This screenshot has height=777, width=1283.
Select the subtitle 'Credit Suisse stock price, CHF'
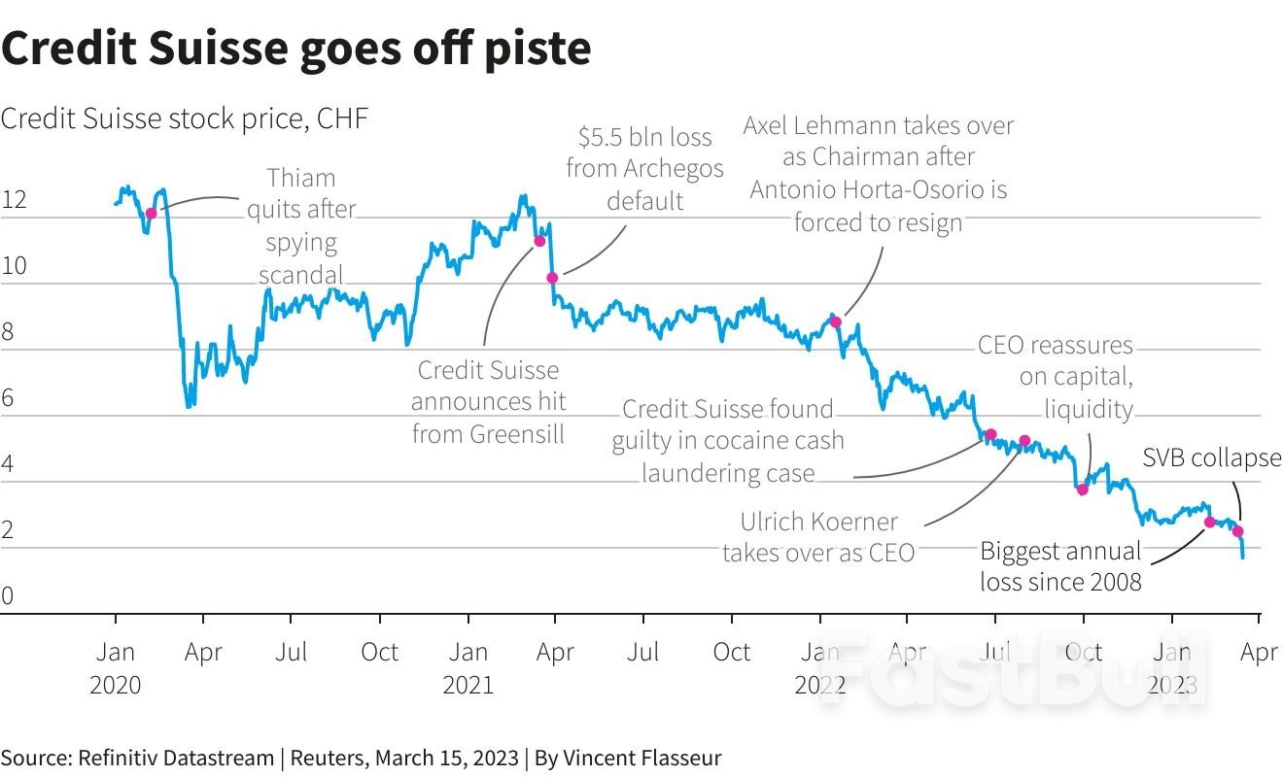(x=185, y=118)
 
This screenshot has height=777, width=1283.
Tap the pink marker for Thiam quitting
(x=151, y=213)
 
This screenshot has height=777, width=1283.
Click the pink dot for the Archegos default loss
(x=552, y=278)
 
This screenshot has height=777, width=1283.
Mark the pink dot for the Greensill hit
(x=539, y=241)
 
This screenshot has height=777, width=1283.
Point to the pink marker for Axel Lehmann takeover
(x=835, y=321)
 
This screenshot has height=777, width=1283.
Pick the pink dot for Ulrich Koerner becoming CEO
(x=1024, y=441)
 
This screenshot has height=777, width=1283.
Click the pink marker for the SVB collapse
(x=1238, y=531)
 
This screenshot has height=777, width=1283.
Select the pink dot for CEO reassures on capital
(x=1083, y=490)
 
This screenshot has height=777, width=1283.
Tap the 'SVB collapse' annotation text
(x=1211, y=457)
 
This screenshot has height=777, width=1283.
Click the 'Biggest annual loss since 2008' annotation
(x=1060, y=566)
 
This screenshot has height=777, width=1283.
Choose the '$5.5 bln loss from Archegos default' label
(x=644, y=168)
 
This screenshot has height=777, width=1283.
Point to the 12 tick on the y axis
(x=14, y=201)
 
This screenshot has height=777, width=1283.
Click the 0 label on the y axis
(x=8, y=596)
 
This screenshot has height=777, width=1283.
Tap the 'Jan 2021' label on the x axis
(x=468, y=668)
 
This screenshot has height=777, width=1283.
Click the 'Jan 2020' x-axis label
(x=116, y=668)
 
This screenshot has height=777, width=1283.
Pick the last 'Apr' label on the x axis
(x=1260, y=652)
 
